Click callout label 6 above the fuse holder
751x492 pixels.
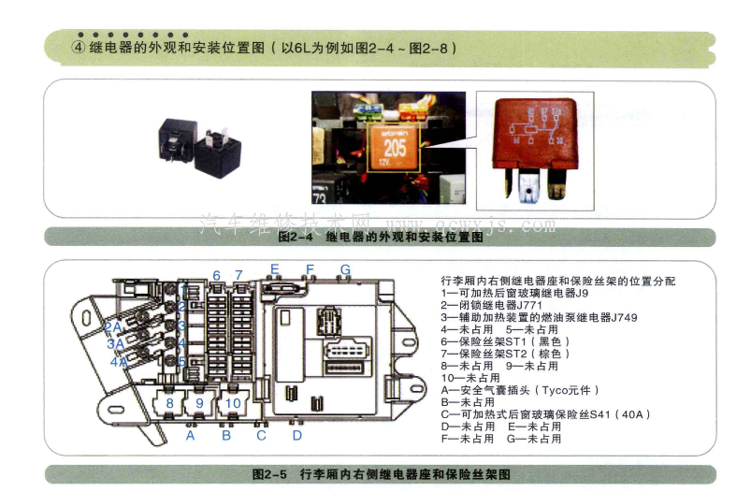[216, 275]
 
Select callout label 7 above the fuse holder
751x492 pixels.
[239, 275]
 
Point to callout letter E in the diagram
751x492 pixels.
[275, 269]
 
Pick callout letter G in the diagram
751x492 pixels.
[345, 269]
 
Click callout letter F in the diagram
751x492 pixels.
[310, 269]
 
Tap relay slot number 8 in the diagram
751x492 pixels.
[169, 403]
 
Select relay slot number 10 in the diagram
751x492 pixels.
[199, 403]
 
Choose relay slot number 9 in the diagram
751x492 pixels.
[233, 403]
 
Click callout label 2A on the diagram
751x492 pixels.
[113, 326]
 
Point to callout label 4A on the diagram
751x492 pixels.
[119, 361]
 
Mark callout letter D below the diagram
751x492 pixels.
[296, 435]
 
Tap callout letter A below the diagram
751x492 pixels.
[190, 435]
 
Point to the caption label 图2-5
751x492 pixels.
[271, 474]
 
